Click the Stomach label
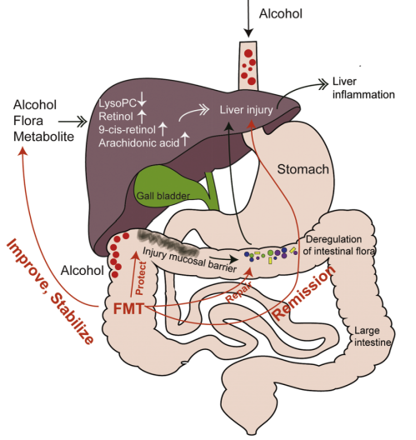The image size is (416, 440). (303, 169)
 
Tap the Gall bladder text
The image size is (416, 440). (163, 196)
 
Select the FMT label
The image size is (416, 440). (128, 309)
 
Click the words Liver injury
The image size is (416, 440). (246, 110)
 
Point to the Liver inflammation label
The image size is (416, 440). (363, 87)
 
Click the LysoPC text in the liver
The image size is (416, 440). (118, 103)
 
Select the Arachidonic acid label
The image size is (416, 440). (139, 142)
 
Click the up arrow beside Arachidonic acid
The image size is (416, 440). (185, 138)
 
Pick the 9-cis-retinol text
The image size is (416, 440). (127, 130)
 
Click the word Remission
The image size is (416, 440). (304, 292)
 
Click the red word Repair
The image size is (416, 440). (238, 294)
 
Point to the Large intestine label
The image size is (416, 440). (373, 336)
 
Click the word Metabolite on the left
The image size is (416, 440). (44, 137)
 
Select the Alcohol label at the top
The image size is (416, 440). (281, 13)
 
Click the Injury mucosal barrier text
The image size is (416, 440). (190, 259)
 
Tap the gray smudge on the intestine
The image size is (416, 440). (168, 242)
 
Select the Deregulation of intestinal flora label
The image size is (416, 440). (338, 245)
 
